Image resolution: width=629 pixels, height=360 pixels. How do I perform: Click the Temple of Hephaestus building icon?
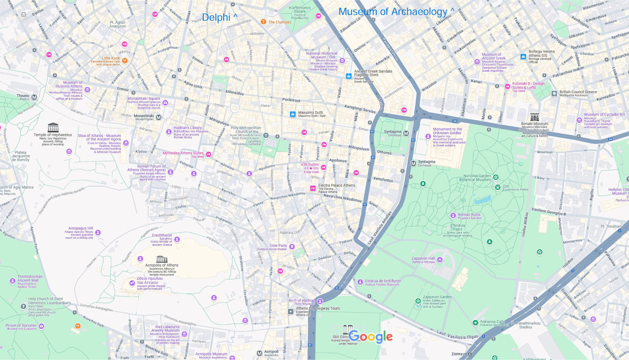tap(53, 127)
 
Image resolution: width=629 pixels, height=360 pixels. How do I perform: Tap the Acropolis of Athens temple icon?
tap(161, 259)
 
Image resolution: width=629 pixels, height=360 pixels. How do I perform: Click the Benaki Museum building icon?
tap(535, 117)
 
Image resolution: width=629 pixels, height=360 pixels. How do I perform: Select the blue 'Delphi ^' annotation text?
tap(220, 17)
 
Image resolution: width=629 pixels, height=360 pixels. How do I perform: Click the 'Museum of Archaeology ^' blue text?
tap(396, 12)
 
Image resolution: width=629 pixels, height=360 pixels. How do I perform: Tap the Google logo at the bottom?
tap(370, 336)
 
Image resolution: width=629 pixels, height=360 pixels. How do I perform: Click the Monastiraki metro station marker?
tap(159, 117)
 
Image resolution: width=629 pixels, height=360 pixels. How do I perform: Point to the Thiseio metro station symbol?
tap(34, 97)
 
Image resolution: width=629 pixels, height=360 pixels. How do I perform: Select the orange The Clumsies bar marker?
tap(263, 22)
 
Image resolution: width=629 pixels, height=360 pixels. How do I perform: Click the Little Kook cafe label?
tap(111, 58)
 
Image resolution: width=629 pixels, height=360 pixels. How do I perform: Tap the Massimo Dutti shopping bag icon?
tap(293, 114)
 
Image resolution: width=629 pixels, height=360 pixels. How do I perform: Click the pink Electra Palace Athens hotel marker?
tap(313, 188)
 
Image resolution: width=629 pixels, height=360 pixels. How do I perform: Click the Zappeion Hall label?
tap(424, 258)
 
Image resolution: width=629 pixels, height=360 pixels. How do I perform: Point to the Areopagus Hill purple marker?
tap(98, 232)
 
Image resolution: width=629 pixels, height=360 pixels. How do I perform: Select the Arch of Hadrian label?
tap(301, 300)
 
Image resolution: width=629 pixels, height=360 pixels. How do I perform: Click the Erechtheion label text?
tap(161, 236)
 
